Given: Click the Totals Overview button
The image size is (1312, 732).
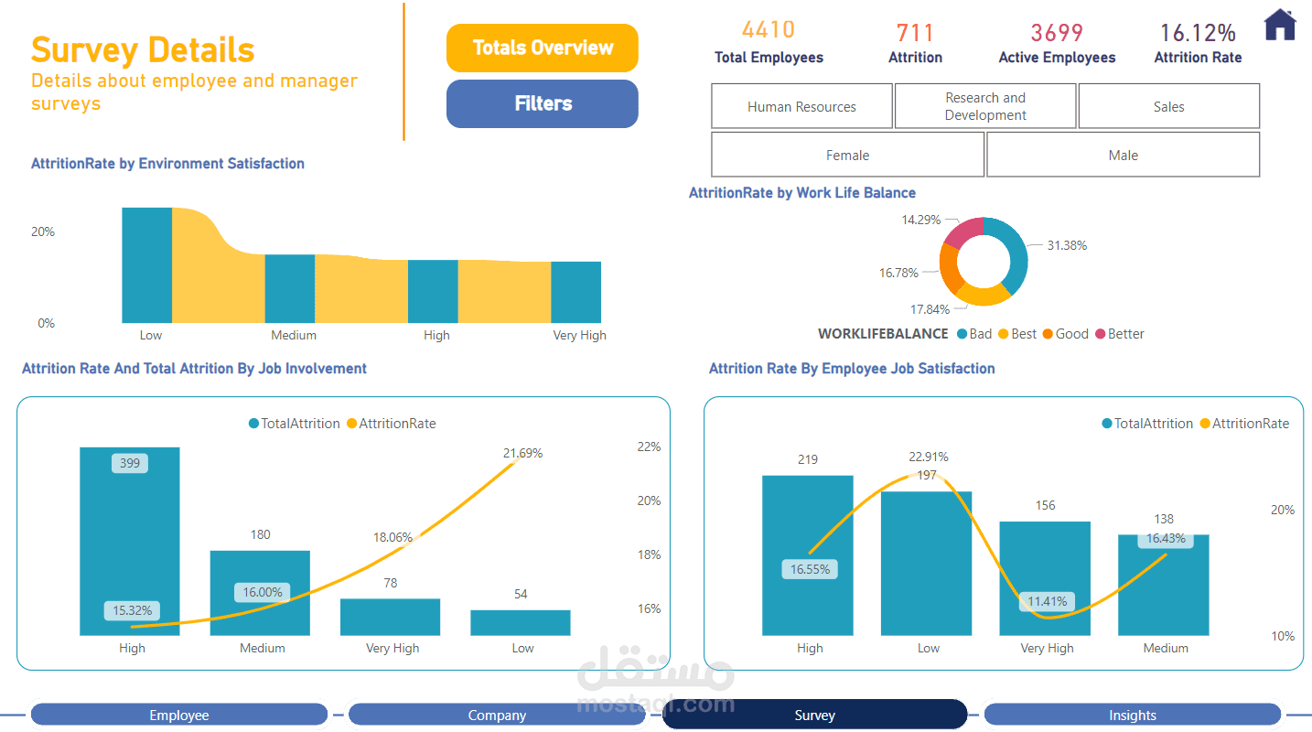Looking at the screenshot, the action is [542, 48].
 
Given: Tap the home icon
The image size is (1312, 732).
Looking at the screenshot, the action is [1280, 25].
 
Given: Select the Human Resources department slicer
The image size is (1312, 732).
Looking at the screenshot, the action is [801, 106].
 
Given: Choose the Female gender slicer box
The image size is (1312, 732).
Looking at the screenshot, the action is [847, 155].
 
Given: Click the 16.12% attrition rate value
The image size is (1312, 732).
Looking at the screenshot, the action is [1198, 33].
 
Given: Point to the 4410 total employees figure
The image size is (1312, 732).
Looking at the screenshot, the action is [768, 30].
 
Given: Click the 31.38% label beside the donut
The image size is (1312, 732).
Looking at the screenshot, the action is [1067, 245].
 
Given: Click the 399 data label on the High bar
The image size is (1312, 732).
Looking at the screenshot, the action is [130, 463].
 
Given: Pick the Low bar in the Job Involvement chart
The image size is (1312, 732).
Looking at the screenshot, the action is [521, 622].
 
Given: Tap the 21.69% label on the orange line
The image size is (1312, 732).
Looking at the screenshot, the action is [522, 453].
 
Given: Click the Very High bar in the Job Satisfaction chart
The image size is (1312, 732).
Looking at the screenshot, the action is [1045, 578].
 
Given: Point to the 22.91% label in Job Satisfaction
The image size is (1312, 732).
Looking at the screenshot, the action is [928, 457].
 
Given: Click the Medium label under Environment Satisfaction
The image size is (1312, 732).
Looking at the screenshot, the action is [294, 335].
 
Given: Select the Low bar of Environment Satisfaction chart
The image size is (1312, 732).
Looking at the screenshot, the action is [146, 264].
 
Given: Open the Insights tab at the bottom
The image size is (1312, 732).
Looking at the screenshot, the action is [1132, 715].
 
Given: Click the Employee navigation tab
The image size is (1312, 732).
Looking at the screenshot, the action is [179, 715].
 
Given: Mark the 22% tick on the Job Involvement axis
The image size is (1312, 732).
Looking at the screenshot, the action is [649, 447].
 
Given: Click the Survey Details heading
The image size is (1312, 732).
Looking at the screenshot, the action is [143, 48].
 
